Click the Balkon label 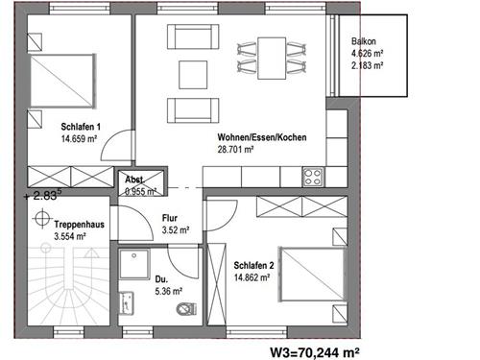(364, 41)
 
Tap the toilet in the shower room (186, 309)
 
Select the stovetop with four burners (313, 177)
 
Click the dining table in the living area (272, 59)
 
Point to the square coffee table (193, 75)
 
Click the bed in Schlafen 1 (63, 81)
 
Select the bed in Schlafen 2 (313, 274)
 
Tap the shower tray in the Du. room (134, 264)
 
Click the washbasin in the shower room (127, 302)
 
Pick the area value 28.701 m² (235, 150)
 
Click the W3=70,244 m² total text (315, 352)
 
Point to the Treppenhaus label (80, 225)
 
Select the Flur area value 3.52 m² (176, 230)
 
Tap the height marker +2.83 (42, 195)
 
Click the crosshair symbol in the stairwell (42, 218)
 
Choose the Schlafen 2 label (253, 265)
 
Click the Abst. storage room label (134, 180)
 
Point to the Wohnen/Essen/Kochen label (262, 137)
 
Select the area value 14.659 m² (79, 139)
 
